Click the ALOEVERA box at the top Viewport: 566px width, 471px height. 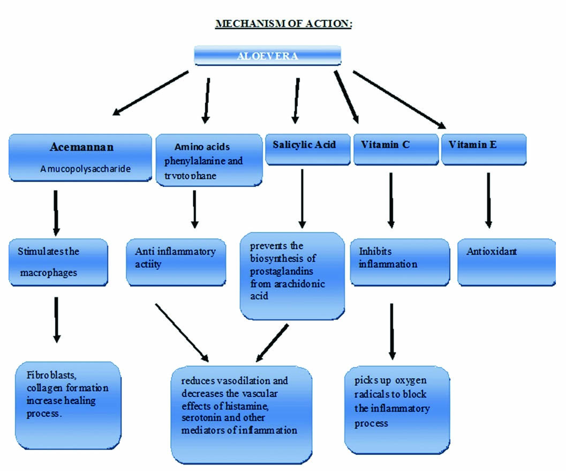tap(267, 56)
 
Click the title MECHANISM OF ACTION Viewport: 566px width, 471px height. tap(283, 24)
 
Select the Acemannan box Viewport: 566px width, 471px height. tap(80, 156)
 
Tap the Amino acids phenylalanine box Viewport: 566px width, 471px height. tap(209, 160)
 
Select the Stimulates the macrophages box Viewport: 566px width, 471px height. tap(58, 263)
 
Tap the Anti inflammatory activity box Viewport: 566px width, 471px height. tap(176, 261)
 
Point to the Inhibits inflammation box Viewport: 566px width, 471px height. tap(399, 261)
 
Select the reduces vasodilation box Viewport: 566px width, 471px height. tap(241, 413)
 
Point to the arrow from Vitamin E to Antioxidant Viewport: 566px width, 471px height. tap(488, 199)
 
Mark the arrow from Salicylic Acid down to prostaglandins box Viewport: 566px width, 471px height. tap(302, 198)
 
